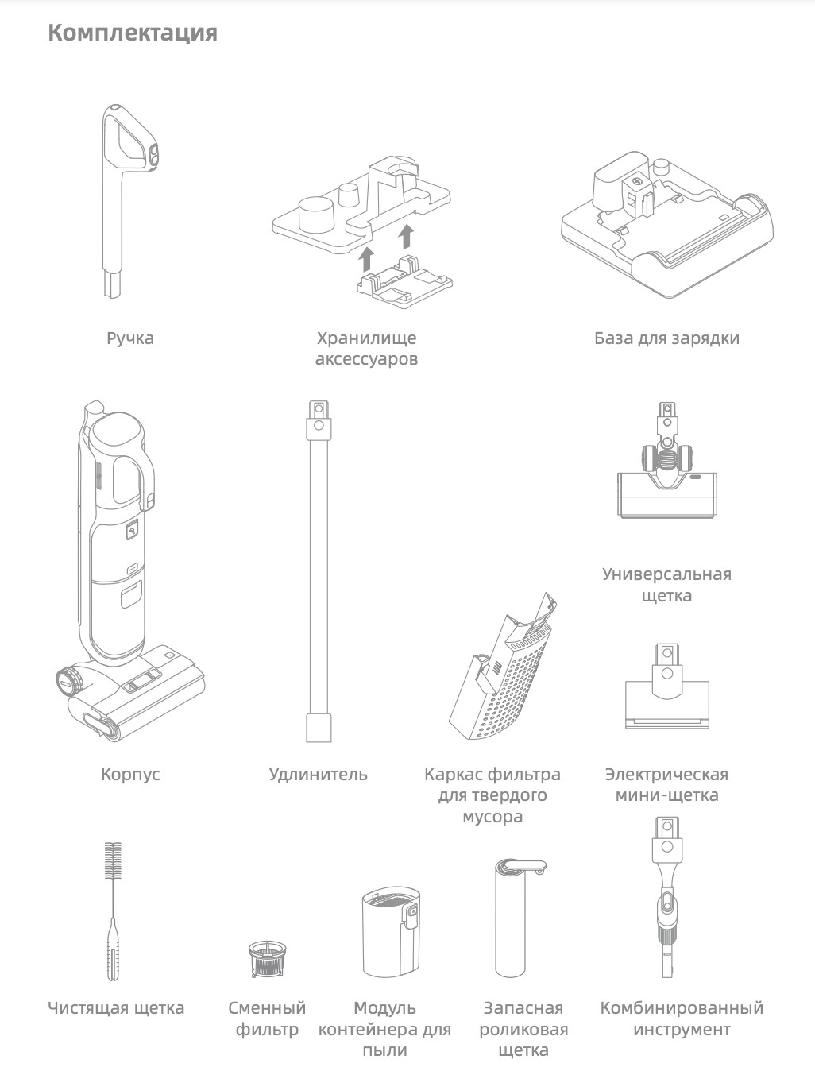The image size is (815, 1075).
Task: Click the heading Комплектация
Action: pos(133,33)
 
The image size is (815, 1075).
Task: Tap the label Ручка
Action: pos(130,338)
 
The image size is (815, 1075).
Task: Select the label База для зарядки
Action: pos(666,338)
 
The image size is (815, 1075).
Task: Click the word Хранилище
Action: pos(367,338)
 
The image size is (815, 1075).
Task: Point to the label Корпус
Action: pos(130,775)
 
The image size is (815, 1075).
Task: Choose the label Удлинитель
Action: pos(319,775)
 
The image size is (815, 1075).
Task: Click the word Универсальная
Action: pos(666,574)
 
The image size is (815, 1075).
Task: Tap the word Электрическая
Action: pos(666,775)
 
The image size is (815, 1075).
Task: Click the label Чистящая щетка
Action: pos(116,1008)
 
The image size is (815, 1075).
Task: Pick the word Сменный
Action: pos(267,1008)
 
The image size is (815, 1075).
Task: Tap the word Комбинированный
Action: pos(682,1008)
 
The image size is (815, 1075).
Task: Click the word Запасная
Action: pos(523,1008)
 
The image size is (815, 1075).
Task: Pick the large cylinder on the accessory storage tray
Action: pos(316,214)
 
